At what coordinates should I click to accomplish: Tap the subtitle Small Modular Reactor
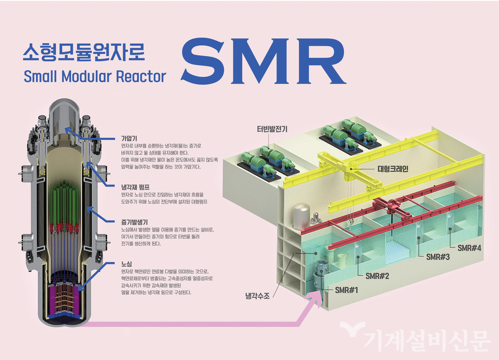tap(95, 77)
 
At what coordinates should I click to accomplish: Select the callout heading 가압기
tap(128, 139)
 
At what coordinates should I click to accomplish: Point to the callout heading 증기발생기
tap(134, 221)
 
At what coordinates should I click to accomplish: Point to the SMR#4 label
tap(469, 247)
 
